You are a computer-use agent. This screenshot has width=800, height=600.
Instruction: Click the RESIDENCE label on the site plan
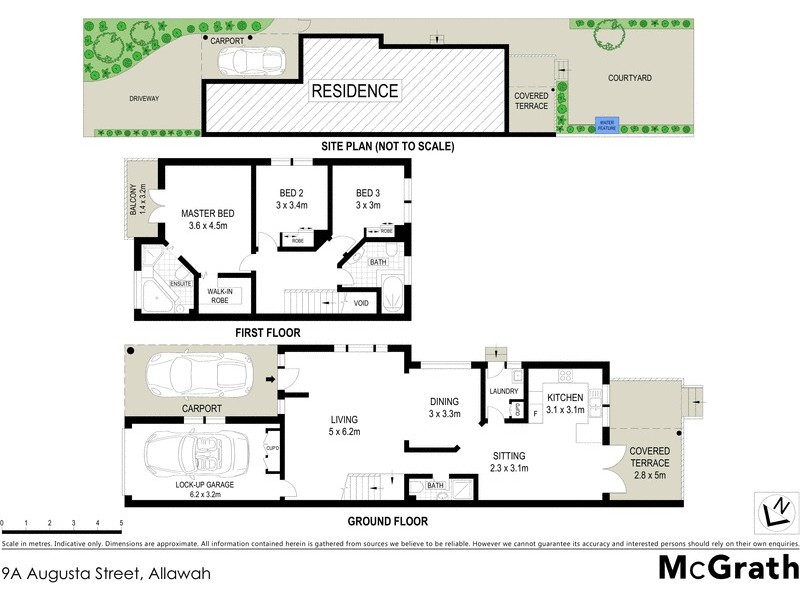point(355,91)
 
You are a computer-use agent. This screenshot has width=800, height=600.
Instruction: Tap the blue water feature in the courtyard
point(607,125)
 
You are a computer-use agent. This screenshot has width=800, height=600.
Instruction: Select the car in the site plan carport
point(246,62)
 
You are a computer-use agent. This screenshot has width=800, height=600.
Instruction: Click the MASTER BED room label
point(208,213)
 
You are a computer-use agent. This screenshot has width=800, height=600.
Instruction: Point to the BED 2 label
point(291,192)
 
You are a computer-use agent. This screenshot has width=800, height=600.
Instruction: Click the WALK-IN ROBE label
point(220,296)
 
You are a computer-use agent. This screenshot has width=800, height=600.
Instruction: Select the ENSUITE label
point(180,284)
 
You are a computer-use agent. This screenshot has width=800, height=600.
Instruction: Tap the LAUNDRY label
point(504,391)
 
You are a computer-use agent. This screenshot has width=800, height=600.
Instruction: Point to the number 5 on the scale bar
point(121,522)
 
